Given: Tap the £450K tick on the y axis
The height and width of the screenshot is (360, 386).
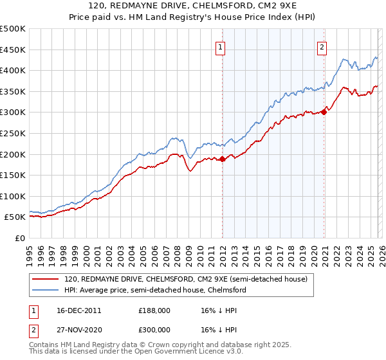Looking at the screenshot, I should [13, 50].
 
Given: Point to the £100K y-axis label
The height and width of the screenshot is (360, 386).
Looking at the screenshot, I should [13, 196].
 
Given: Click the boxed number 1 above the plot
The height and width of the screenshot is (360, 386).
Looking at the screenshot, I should [221, 46].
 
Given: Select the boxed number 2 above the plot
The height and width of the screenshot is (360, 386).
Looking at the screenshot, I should [321, 46].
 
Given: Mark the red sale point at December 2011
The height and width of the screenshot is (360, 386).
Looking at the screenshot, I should [222, 159].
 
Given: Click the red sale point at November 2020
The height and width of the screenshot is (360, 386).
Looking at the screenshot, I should [324, 112].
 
